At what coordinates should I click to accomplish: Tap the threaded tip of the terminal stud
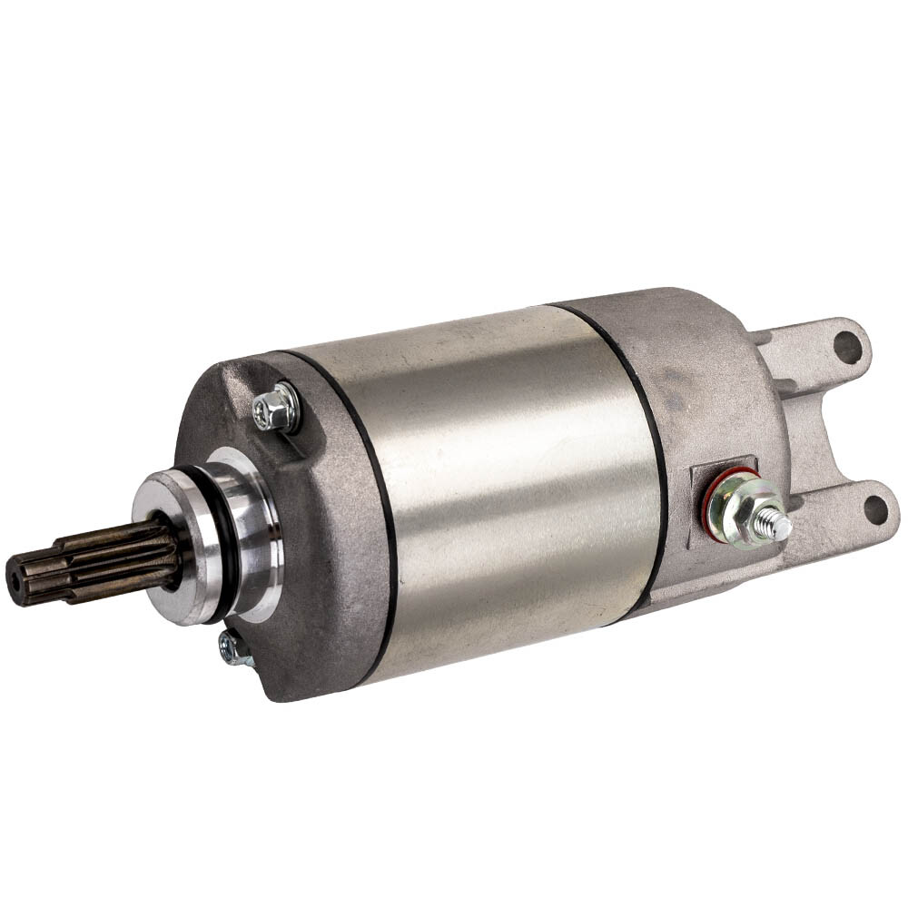tap(779, 526)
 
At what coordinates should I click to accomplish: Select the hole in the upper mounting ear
tap(848, 346)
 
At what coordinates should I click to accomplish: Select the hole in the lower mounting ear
tap(874, 509)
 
